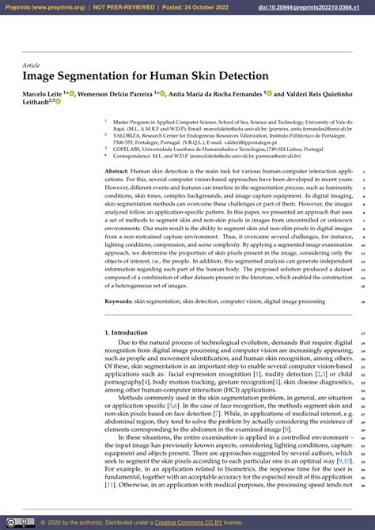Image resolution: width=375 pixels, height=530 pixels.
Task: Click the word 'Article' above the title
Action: pos(31,65)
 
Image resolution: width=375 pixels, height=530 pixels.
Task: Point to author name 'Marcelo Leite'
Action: pos(43,93)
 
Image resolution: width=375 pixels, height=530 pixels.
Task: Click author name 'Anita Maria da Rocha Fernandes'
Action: pos(214,93)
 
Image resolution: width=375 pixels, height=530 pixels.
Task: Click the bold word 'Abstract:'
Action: pos(116,171)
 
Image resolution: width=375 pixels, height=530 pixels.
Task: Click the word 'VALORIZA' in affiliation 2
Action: pos(127,135)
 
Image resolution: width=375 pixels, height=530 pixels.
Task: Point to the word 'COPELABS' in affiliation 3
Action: pos(127,148)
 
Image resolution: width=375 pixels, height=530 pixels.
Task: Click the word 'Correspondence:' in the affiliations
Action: pos(133,155)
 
